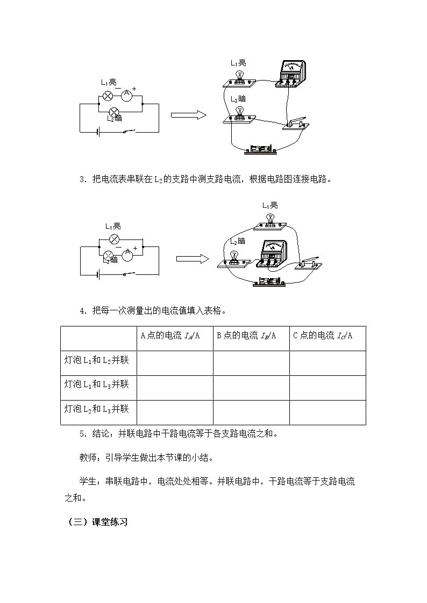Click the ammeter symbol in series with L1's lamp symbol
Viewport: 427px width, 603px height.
127,94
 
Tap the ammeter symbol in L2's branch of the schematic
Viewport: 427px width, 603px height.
127,253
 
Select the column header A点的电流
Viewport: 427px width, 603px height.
170,336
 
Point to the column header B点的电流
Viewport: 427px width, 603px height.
246,336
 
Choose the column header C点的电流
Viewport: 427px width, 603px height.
323,336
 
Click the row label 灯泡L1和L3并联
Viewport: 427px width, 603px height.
96,384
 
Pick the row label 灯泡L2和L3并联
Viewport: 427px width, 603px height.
96,409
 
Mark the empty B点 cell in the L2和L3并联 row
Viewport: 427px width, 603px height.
252,412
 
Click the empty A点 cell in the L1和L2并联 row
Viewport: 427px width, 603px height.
175,363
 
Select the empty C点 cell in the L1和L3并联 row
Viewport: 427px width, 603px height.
328,388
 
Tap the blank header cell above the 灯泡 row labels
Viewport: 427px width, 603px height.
99,338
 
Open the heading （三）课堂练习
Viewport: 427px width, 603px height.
98,522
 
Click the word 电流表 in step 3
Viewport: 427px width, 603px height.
114,179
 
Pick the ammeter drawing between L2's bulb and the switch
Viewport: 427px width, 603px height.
273,253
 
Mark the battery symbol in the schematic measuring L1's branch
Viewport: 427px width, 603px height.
98,132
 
